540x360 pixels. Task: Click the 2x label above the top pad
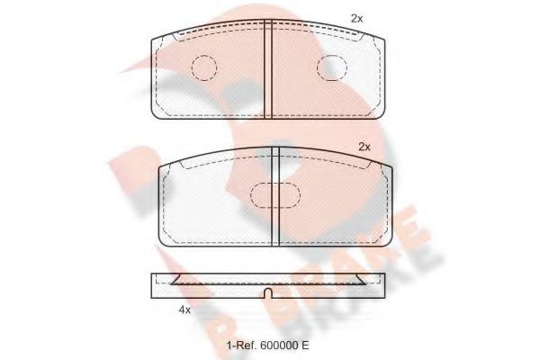[356, 18]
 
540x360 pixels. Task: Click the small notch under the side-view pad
[269, 294]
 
